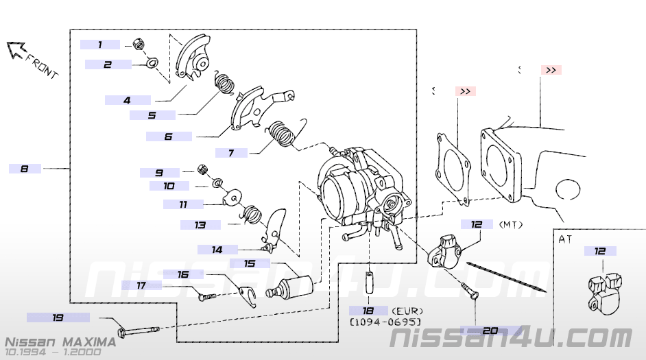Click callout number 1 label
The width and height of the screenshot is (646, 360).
100,45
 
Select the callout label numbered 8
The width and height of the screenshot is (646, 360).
25,168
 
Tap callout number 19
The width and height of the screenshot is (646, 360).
58,317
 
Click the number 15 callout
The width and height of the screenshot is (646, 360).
250,263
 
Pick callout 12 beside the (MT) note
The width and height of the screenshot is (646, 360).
477,224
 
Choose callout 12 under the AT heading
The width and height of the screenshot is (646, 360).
600,252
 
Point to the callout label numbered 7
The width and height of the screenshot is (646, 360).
231,153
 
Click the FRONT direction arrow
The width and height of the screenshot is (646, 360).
16,50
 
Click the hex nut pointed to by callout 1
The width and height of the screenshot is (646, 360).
137,45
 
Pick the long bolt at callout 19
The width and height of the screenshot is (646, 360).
141,331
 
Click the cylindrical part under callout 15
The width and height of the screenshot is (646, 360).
294,286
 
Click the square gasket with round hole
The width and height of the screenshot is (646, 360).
453,167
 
